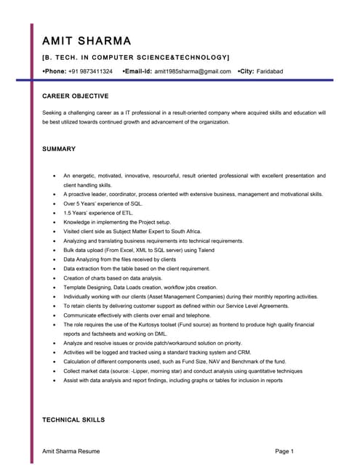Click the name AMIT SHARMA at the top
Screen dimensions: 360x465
click(x=87, y=41)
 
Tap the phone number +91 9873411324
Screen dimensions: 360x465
click(x=91, y=71)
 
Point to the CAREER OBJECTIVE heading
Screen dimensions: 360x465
click(x=75, y=96)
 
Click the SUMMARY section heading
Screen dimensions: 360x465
click(x=59, y=149)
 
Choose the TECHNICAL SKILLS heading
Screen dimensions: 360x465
click(x=73, y=420)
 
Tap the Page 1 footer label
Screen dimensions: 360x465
click(x=284, y=451)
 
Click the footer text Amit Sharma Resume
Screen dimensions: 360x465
click(x=71, y=451)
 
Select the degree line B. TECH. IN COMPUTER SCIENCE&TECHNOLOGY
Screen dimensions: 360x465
click(x=136, y=57)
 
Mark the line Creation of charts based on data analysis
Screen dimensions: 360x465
click(x=113, y=278)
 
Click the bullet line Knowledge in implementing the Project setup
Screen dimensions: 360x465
click(x=117, y=222)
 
